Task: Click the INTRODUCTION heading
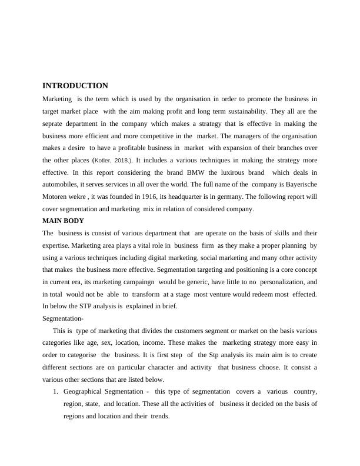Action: click(x=75, y=86)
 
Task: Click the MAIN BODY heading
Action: click(x=64, y=221)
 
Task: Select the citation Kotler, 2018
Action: click(x=113, y=160)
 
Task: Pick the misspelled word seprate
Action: click(x=55, y=124)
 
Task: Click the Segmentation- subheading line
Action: click(x=64, y=318)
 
